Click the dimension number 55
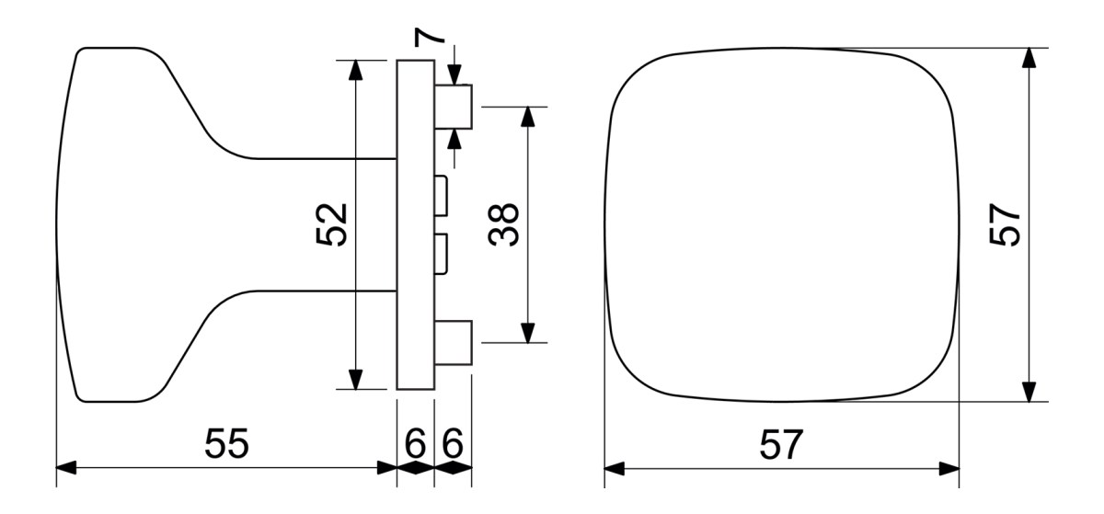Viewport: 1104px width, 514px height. [226, 443]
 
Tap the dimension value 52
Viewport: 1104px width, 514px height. [331, 224]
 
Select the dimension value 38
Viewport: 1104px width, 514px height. [503, 224]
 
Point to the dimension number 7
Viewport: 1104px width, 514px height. [429, 37]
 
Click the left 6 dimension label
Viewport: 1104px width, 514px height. [415, 443]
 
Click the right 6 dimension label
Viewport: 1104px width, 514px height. [453, 443]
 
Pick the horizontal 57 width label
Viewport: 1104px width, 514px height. [781, 444]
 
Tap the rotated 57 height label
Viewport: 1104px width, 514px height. [1005, 224]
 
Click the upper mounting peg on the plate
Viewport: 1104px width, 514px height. [454, 107]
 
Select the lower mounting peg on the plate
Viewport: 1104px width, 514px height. [454, 343]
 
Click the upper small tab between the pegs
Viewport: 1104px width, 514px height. [441, 196]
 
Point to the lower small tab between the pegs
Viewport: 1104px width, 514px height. [441, 254]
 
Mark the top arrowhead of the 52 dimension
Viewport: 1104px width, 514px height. [355, 70]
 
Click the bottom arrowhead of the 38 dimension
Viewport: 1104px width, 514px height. [528, 333]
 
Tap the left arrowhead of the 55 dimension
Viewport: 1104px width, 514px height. [66, 468]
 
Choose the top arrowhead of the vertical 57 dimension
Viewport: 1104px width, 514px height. [1029, 58]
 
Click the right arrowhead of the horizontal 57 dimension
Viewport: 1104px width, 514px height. [949, 469]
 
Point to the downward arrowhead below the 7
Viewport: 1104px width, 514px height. [454, 74]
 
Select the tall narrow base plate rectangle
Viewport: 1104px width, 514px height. [416, 224]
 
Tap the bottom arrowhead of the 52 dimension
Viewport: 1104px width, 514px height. [355, 380]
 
